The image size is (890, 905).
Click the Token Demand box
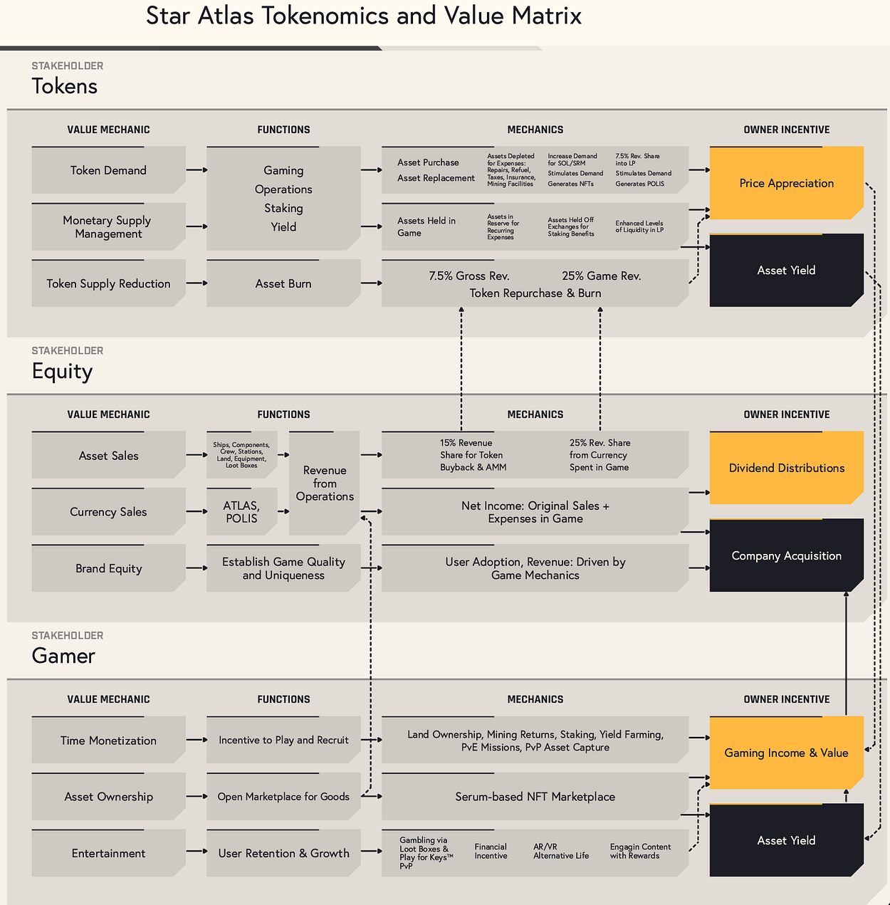coord(108,170)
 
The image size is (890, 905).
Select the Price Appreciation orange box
coord(786,183)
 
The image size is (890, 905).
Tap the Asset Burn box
coord(283,283)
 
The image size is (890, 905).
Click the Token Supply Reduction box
coord(108,283)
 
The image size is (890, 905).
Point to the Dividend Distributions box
coord(786,468)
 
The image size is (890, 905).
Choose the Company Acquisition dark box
coord(786,555)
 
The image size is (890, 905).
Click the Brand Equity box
coord(108,568)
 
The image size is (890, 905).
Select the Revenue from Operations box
coord(325,483)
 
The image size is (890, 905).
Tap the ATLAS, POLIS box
coord(241,512)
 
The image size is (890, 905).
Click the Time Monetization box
coord(108,741)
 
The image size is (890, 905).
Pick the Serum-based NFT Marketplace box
coord(535,797)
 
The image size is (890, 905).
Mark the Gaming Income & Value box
coord(786,753)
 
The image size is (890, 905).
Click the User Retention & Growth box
coord(283,853)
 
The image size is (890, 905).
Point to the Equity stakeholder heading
coord(62,371)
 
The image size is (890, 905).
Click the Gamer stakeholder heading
coord(63,656)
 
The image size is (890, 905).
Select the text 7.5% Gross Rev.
coord(469,276)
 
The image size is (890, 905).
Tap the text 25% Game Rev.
coord(601,276)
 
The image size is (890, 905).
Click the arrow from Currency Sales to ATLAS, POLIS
coord(197,511)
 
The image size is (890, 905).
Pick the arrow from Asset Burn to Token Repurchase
coord(371,283)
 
